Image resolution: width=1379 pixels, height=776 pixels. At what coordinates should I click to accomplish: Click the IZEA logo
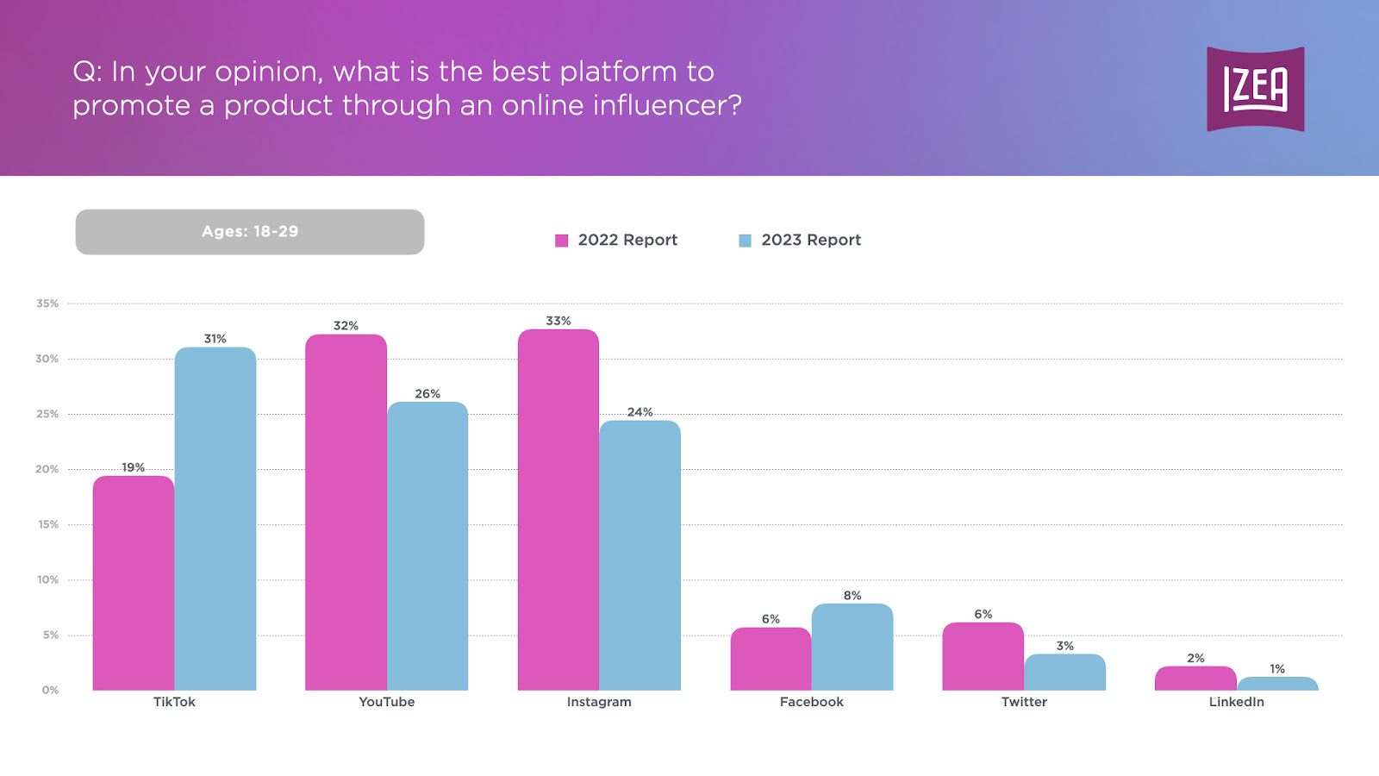[1255, 90]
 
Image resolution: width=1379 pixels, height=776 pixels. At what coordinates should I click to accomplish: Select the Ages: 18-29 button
[250, 232]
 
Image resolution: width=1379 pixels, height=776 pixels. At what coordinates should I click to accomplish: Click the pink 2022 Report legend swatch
[562, 241]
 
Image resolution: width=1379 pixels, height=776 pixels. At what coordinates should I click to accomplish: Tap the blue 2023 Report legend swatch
[745, 241]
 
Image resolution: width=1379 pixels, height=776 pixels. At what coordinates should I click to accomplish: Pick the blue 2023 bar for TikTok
[215, 517]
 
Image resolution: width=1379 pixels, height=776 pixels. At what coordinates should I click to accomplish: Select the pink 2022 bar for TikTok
[134, 582]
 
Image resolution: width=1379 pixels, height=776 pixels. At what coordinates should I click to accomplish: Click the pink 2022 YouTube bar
[346, 513]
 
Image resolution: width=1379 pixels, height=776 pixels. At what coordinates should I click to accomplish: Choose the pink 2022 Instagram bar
[558, 509]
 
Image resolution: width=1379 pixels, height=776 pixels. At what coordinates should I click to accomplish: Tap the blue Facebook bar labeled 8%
[852, 647]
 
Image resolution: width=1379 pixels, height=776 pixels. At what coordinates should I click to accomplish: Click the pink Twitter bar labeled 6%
[983, 656]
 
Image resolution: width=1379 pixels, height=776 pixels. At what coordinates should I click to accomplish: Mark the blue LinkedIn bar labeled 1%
[1277, 684]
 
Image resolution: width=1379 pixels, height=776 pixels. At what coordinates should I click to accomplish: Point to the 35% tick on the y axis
[47, 304]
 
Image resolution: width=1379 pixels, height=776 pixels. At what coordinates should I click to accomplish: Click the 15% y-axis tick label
[47, 524]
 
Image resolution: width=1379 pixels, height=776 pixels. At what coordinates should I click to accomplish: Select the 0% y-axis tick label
[50, 690]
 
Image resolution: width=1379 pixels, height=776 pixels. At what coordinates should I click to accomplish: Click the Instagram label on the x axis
[599, 702]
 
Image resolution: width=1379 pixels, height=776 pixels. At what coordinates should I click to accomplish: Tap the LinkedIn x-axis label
[1236, 702]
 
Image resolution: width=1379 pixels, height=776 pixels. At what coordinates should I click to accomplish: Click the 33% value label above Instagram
[558, 321]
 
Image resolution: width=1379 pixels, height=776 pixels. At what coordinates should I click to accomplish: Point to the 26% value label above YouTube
[427, 394]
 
